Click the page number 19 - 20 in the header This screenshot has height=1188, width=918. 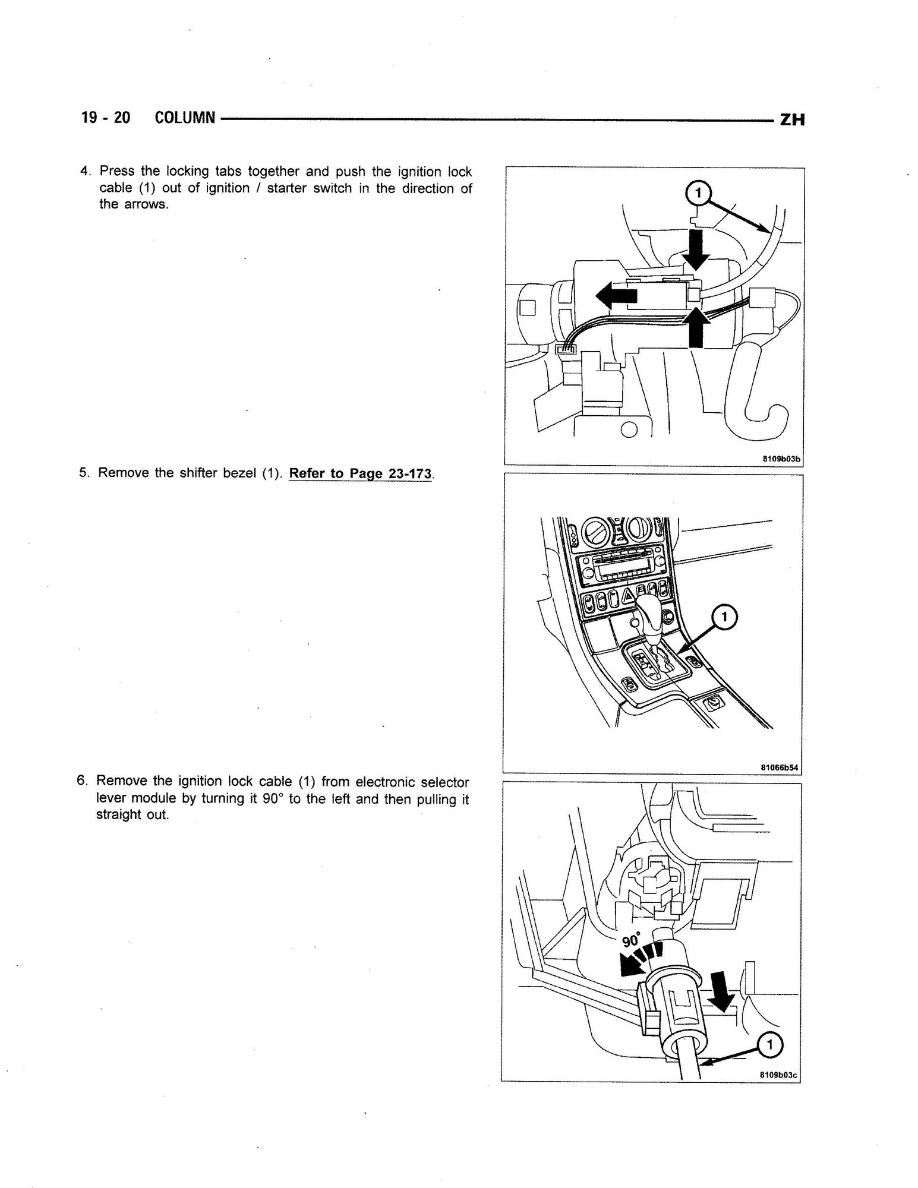[105, 118]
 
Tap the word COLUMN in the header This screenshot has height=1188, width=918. [184, 118]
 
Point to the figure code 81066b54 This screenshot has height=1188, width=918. [780, 767]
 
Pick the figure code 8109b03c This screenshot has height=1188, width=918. [778, 1075]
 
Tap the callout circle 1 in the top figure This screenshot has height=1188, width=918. [698, 192]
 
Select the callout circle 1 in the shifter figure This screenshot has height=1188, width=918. [723, 618]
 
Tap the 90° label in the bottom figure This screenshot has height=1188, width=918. [632, 941]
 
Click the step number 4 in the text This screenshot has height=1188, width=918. [85, 171]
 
